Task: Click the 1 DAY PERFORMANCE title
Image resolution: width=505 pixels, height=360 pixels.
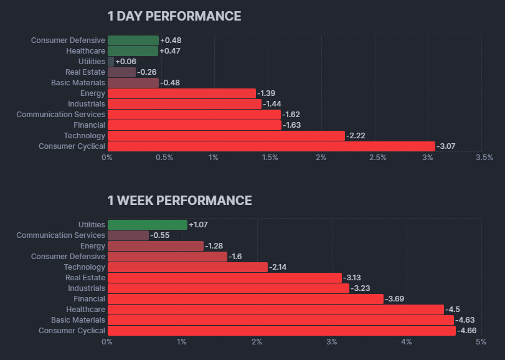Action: pyautogui.click(x=174, y=16)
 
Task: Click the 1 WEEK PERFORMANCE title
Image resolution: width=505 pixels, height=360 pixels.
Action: pyautogui.click(x=179, y=201)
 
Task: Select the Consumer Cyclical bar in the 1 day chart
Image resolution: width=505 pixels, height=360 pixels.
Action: pyautogui.click(x=271, y=146)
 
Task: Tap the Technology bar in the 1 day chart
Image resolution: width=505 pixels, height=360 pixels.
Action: pyautogui.click(x=226, y=136)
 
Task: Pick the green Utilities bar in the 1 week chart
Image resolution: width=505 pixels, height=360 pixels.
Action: pyautogui.click(x=147, y=225)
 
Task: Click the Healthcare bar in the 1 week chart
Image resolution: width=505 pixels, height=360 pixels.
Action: pyautogui.click(x=275, y=310)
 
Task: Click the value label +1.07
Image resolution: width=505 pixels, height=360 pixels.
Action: pyautogui.click(x=199, y=225)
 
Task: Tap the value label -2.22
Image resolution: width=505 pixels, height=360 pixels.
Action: pyautogui.click(x=357, y=136)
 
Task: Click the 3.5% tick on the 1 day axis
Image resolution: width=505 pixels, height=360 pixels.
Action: pyautogui.click(x=484, y=158)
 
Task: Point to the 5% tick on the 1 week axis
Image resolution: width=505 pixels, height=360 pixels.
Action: pyautogui.click(x=481, y=342)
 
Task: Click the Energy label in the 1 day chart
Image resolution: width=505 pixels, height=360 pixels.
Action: pyautogui.click(x=93, y=93)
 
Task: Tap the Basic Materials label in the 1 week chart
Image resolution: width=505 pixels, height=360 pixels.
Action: pyautogui.click(x=78, y=320)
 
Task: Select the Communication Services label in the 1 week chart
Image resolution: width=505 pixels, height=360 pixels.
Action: pyautogui.click(x=61, y=235)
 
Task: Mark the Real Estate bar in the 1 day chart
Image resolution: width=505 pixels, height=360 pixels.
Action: pyautogui.click(x=121, y=72)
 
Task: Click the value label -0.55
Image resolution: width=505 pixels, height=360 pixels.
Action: pyautogui.click(x=161, y=235)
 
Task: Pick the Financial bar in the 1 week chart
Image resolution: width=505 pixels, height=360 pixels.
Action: pyautogui.click(x=245, y=299)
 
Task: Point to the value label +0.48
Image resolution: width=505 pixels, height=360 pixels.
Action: pyautogui.click(x=171, y=40)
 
